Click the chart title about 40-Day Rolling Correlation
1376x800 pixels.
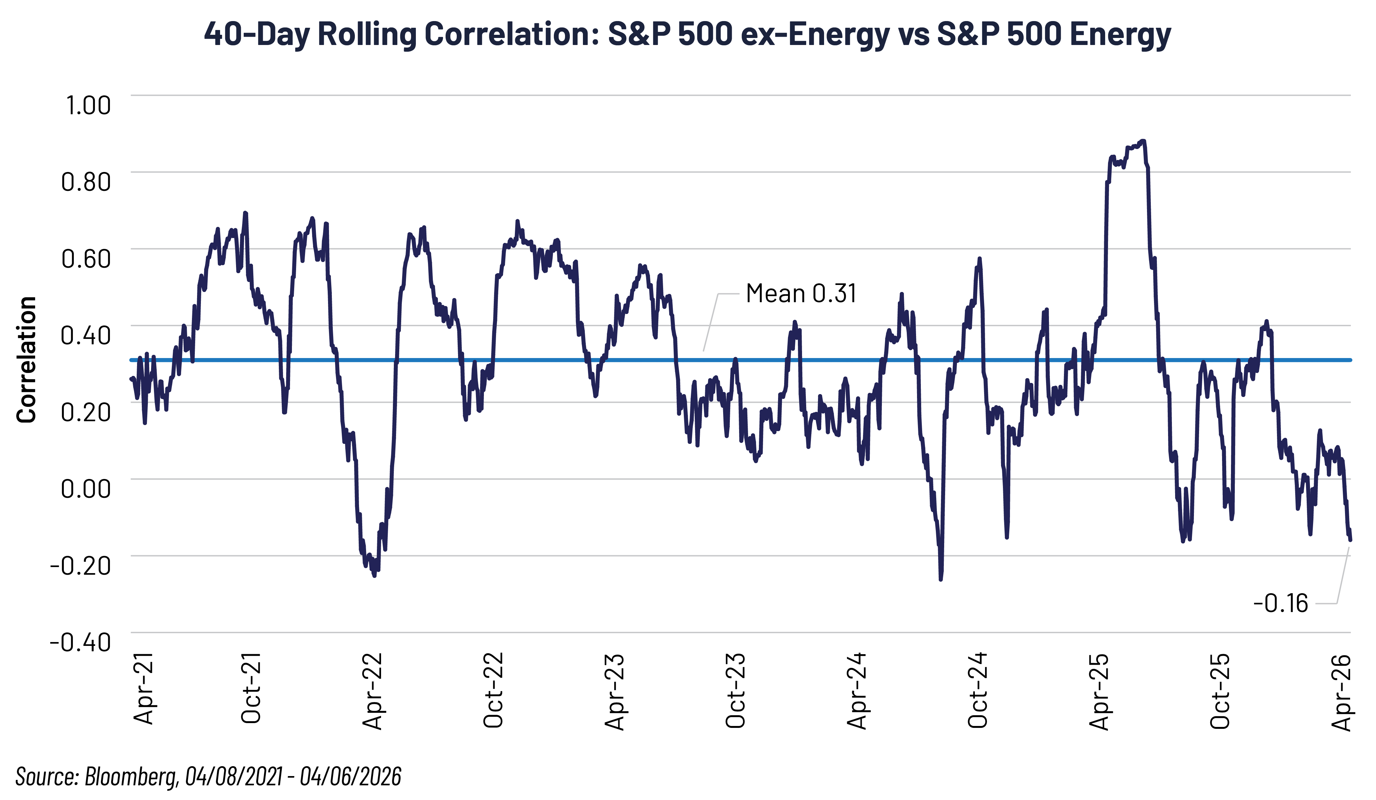687,34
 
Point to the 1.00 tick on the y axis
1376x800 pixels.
88,105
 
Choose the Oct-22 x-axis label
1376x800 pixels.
493,690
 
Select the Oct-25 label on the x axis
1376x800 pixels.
1220,690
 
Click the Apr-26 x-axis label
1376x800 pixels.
1341,692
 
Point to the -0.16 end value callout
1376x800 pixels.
1280,603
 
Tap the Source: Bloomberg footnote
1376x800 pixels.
208,776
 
